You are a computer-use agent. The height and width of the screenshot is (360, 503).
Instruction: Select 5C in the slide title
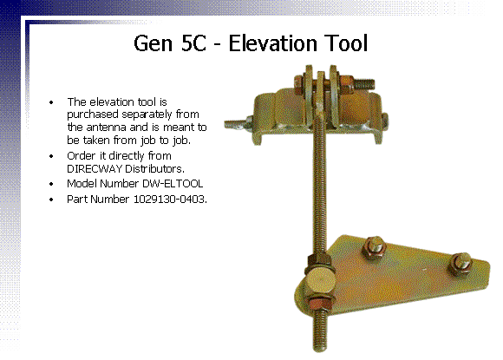click(193, 43)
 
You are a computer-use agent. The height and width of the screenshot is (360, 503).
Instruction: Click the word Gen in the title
click(153, 43)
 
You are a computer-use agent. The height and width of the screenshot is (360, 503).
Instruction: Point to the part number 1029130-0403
click(169, 200)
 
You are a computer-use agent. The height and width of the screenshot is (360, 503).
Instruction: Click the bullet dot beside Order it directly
click(51, 156)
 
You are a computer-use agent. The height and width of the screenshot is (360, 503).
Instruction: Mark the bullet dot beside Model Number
click(51, 184)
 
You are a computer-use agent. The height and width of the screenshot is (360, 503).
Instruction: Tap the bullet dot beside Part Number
click(51, 200)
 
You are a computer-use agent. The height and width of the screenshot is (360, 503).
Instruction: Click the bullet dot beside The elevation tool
click(51, 102)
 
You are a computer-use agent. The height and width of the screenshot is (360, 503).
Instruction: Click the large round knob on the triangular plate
click(319, 282)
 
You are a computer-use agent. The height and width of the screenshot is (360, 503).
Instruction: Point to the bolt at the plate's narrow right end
click(461, 263)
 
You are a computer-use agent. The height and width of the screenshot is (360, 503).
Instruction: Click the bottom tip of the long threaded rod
click(320, 351)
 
